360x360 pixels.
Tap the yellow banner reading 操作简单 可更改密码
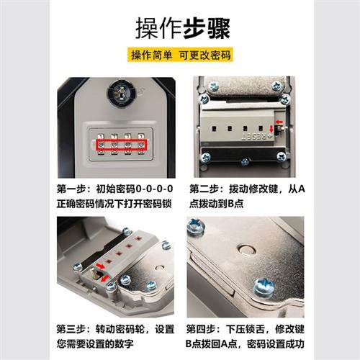coord(179,55)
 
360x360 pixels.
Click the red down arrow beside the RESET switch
coord(271,131)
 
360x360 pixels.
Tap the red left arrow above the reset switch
coord(279,122)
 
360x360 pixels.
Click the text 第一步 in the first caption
coord(72,189)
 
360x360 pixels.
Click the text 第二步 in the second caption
coord(204,189)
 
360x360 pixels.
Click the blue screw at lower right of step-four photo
coord(263,288)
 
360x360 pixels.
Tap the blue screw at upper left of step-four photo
coord(196,228)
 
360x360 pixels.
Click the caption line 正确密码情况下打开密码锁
coord(116,202)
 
